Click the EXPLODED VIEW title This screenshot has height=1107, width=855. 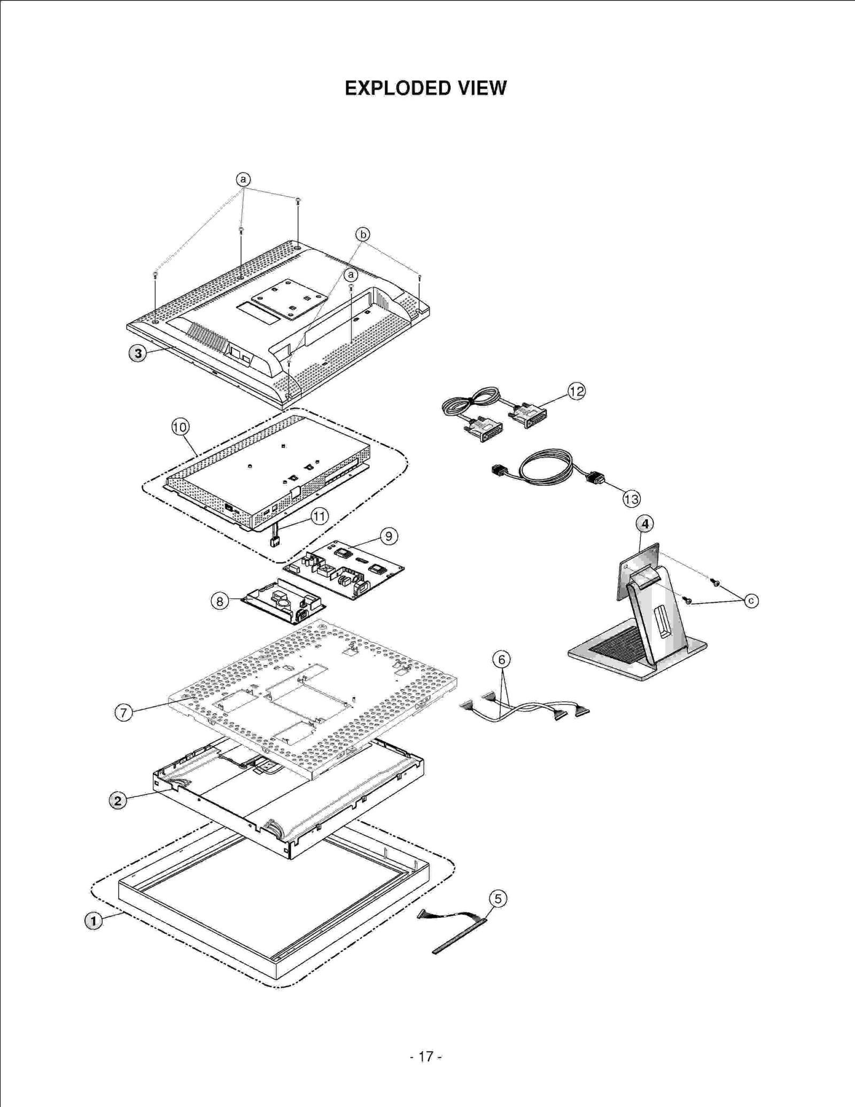(425, 88)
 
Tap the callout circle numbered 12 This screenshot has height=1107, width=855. (577, 391)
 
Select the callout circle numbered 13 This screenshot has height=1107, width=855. (631, 499)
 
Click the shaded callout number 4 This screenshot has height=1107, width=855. (645, 524)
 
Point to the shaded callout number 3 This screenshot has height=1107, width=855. (138, 353)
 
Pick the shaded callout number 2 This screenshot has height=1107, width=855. (118, 801)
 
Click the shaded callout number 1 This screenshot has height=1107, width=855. (94, 921)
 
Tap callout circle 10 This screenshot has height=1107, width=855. (180, 427)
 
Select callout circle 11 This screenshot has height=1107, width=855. (320, 516)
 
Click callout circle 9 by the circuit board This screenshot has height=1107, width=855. (388, 536)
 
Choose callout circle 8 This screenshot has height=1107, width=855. (220, 601)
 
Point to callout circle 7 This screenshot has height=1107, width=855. (123, 713)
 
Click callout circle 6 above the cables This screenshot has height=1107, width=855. (501, 660)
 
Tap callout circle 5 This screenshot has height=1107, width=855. (498, 899)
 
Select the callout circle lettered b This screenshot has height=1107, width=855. (363, 234)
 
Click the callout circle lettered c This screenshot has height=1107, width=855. (751, 601)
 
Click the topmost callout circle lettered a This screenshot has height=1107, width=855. (243, 179)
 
